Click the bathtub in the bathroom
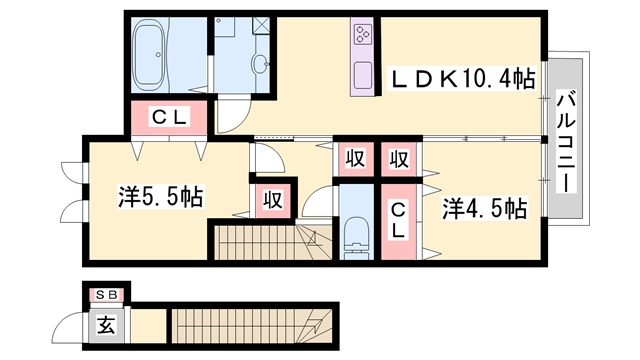click(149, 55)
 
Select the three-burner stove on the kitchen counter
click(362, 34)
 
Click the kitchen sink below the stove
click(362, 75)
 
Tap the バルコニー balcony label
click(566, 141)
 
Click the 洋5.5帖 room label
click(160, 197)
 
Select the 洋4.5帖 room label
click(484, 208)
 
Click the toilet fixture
click(356, 242)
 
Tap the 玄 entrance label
click(106, 326)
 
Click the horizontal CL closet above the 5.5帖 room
click(169, 118)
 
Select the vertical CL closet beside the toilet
click(398, 221)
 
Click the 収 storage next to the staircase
click(273, 200)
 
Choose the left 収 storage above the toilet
click(356, 158)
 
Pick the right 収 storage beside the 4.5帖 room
click(399, 158)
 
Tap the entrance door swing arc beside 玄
click(68, 322)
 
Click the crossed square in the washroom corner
click(261, 26)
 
